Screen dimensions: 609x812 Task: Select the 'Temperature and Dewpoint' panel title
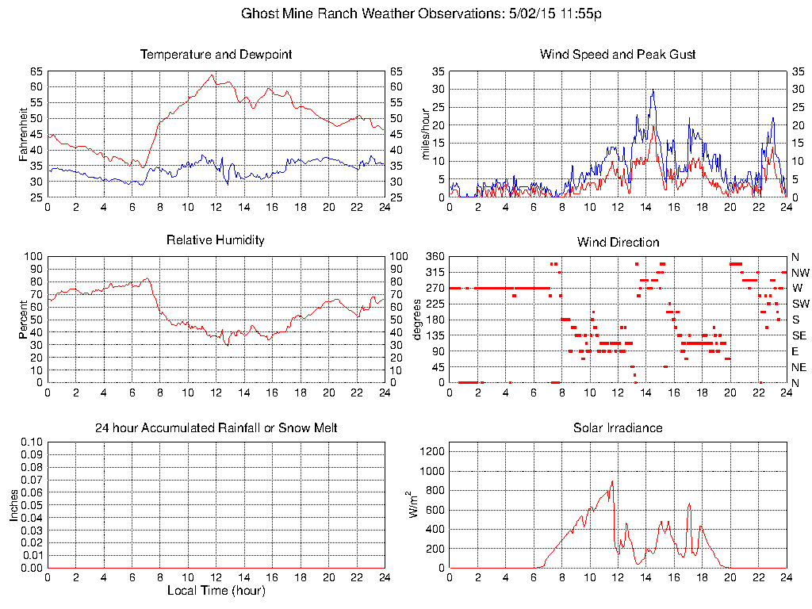[216, 55]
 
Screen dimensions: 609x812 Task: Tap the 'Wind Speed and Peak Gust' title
[618, 55]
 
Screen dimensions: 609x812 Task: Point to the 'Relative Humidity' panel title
[216, 239]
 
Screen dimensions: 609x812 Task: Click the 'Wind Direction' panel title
[618, 242]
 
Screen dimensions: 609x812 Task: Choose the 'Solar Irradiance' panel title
[618, 428]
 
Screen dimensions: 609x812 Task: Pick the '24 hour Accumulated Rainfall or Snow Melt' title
[216, 428]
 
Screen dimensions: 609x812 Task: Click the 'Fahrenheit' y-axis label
[25, 134]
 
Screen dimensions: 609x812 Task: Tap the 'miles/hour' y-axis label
[426, 134]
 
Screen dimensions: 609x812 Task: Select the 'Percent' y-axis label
[25, 319]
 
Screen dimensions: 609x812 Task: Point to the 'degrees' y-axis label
[418, 319]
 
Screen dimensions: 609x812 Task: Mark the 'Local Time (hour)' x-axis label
[216, 591]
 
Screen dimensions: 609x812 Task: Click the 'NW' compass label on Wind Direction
[799, 273]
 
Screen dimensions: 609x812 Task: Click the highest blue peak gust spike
[653, 90]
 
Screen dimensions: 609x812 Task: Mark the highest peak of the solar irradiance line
[612, 481]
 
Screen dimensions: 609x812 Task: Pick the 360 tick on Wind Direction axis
[435, 256]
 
